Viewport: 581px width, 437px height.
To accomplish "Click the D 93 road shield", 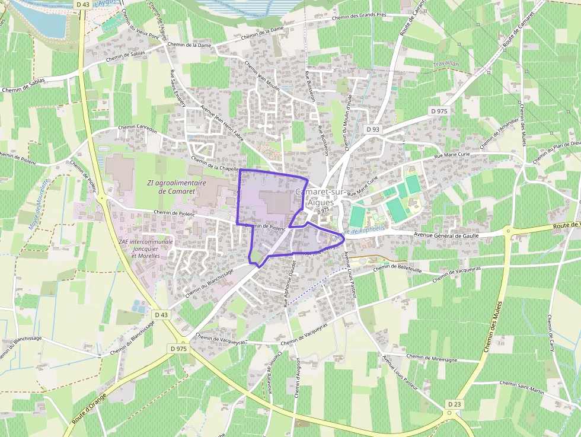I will (x=373, y=129).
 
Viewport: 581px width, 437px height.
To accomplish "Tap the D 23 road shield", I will (x=454, y=404).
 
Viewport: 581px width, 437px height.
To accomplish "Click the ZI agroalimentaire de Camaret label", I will (x=177, y=187).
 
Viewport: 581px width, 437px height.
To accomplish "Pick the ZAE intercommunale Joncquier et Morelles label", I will (x=145, y=248).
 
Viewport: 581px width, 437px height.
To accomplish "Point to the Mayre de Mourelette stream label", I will (x=38, y=205).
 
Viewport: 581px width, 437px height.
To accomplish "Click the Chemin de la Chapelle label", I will (x=215, y=164).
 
